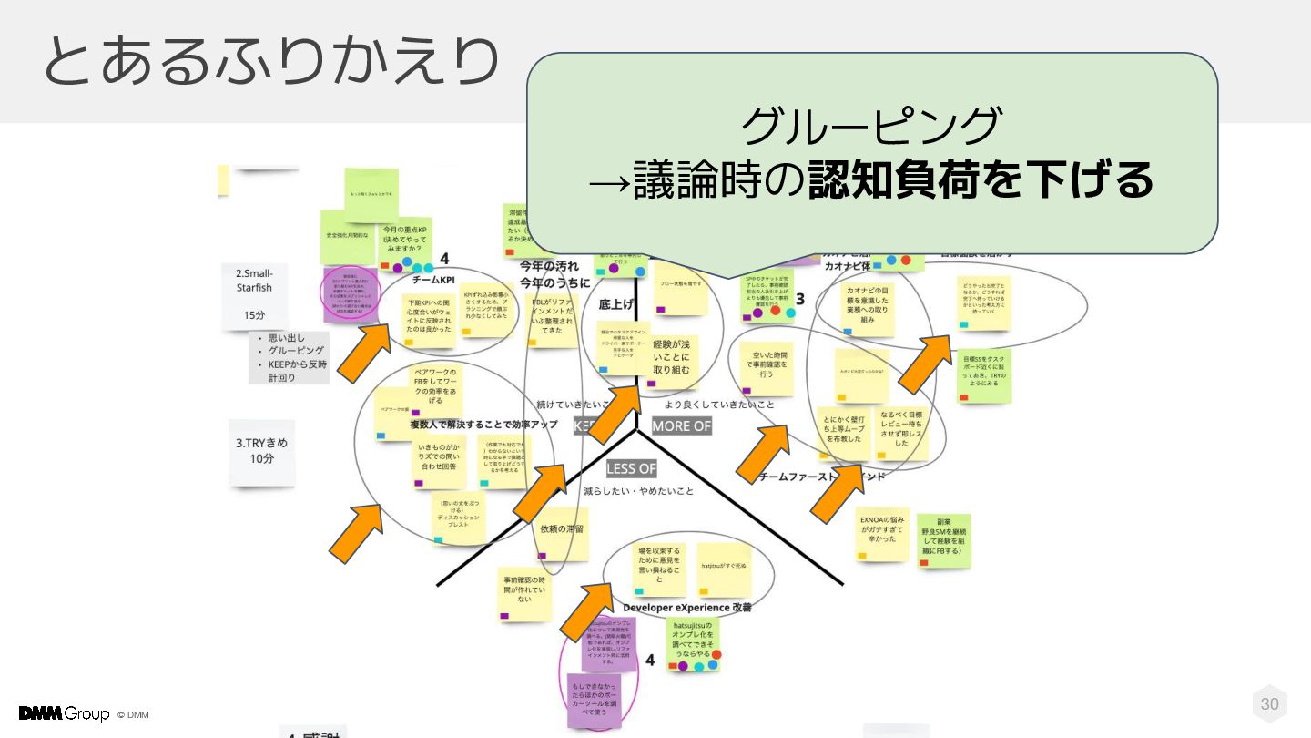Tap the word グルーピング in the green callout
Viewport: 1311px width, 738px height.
point(871,126)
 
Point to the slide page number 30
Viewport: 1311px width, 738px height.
point(1269,703)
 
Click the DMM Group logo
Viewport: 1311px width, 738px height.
point(64,713)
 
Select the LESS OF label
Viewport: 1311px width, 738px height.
point(631,468)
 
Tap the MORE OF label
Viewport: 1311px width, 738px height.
point(682,425)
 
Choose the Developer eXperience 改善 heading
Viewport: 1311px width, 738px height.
point(687,607)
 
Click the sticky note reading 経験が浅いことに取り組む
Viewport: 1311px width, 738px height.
point(672,358)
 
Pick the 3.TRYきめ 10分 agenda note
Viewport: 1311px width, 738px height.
point(261,450)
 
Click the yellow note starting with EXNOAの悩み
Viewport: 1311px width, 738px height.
point(882,533)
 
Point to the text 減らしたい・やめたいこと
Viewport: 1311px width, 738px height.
point(638,491)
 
